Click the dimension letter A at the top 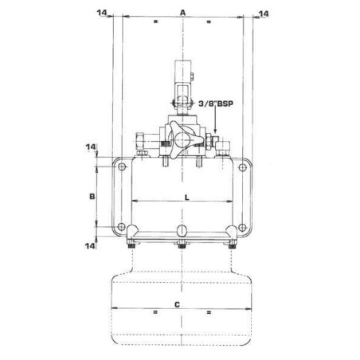(x=182, y=12)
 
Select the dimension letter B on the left (x=92, y=195)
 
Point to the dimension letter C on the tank (x=184, y=303)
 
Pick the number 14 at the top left (x=101, y=13)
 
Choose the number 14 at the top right (x=264, y=13)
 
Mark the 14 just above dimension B (x=91, y=147)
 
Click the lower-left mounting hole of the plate (x=122, y=229)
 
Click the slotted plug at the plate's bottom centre (x=182, y=229)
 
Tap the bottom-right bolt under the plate (x=233, y=247)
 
